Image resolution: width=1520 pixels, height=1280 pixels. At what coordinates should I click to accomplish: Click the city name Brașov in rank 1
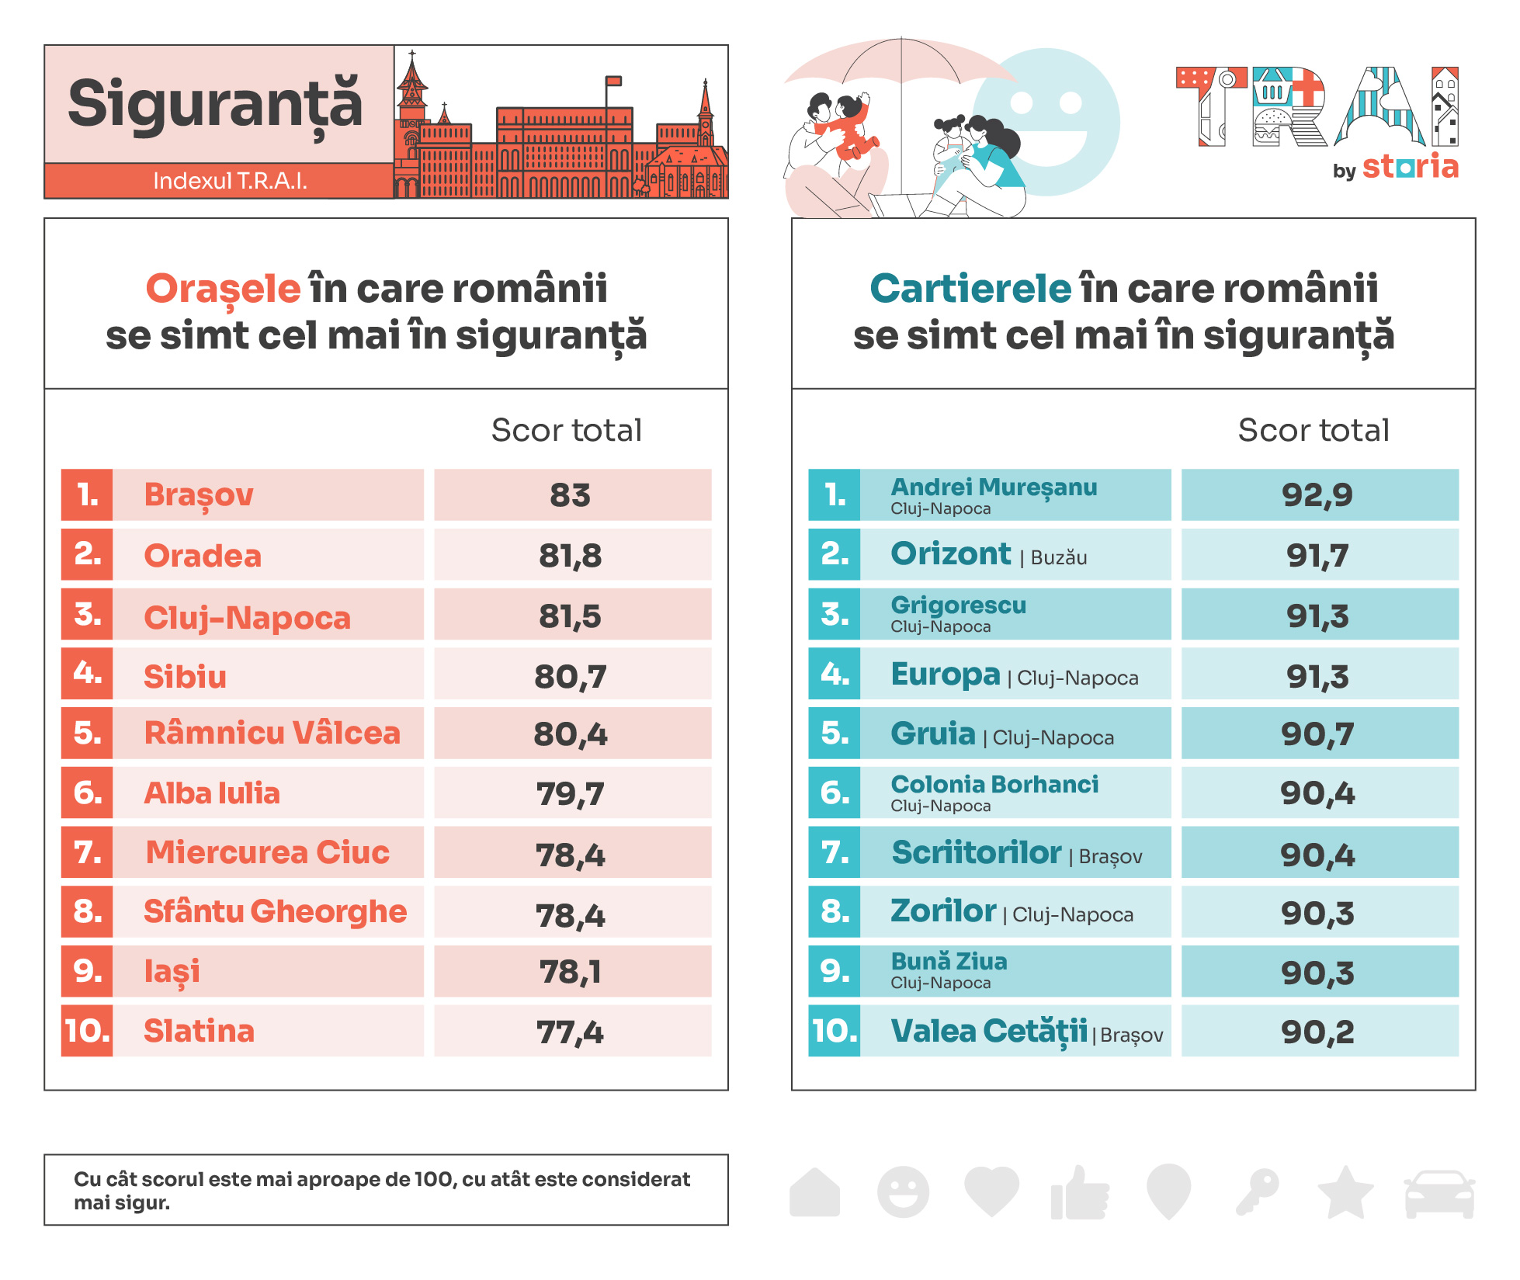coord(199,494)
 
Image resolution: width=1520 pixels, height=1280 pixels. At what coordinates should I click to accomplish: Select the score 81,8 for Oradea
coord(571,556)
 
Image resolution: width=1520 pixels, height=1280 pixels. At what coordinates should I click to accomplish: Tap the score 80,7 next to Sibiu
coord(571,676)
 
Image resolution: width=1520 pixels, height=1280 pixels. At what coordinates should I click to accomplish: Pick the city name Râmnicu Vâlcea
coord(272,734)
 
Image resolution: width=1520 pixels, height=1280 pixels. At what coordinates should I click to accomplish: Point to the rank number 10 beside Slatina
coord(87,1031)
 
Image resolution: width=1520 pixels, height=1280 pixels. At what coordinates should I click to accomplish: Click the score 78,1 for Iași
coord(571,972)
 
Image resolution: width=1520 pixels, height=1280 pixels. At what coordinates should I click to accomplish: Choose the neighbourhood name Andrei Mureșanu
coord(994,487)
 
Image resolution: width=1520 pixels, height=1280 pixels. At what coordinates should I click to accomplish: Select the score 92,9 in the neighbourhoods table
coord(1317,494)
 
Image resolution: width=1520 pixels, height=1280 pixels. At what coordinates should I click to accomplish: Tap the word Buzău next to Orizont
coord(1059,558)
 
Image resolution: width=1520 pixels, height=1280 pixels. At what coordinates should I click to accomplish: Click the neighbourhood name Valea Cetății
coord(989,1031)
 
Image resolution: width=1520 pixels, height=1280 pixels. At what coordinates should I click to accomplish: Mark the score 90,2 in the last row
coord(1317,1032)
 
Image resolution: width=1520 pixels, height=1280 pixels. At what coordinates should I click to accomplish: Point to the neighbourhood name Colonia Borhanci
coord(994,784)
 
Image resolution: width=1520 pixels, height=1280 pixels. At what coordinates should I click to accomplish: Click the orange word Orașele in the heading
coord(223,289)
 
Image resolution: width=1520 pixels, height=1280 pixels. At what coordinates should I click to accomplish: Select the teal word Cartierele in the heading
coord(970,289)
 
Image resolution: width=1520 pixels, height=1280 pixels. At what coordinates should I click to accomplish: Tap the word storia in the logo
coord(1411,167)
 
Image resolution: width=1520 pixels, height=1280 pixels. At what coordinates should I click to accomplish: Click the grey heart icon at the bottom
coord(991,1191)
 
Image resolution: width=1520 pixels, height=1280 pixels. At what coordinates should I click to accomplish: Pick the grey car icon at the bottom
coord(1439,1193)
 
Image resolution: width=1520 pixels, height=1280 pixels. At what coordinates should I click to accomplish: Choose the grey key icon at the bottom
coord(1258,1192)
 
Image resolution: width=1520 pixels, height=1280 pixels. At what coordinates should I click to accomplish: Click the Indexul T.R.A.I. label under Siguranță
coord(230,181)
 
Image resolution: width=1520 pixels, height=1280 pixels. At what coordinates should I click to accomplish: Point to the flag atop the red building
coord(614,80)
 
